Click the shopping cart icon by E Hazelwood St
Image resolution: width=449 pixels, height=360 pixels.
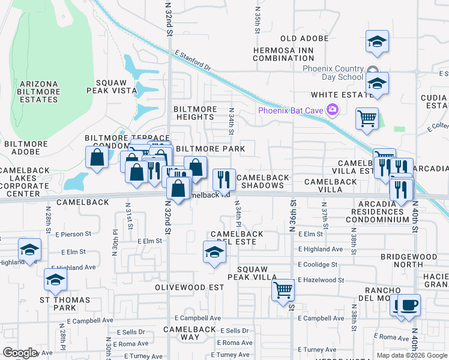pos(283,290)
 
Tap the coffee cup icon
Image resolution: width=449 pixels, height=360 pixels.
pos(409,304)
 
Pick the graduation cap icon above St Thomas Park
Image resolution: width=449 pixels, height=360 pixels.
pos(55,280)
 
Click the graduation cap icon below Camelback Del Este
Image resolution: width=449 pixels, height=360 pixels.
pos(214,253)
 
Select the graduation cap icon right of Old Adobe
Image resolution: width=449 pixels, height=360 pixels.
pos(377,41)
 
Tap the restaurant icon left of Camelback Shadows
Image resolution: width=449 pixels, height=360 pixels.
pos(224,178)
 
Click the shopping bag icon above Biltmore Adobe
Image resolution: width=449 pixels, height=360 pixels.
pos(97,158)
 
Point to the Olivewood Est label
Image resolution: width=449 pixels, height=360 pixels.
pos(182,287)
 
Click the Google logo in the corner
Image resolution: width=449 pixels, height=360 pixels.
pos(20,353)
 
